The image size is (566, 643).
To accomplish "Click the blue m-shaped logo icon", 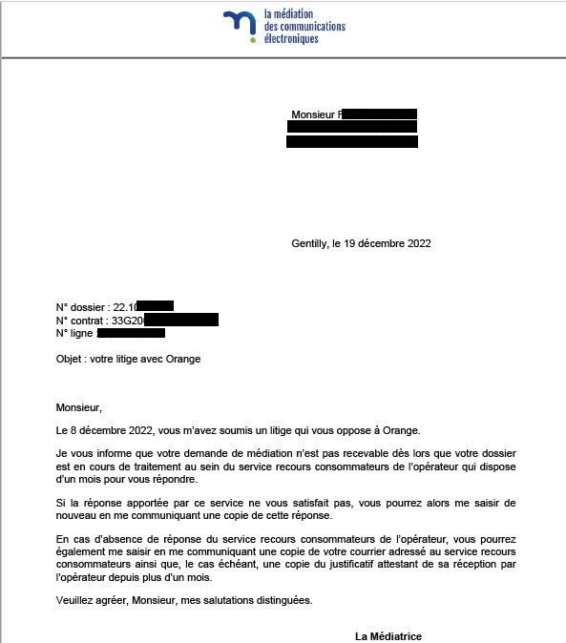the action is [x=240, y=26].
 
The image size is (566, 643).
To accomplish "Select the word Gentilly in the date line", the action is [x=310, y=243].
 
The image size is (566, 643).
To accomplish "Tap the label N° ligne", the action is [x=74, y=334].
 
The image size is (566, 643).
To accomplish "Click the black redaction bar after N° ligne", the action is [x=131, y=334].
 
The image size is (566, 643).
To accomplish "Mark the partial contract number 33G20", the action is [x=126, y=321].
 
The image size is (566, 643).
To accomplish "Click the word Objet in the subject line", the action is [x=70, y=360].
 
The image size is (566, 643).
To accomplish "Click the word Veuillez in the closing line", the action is [x=76, y=600].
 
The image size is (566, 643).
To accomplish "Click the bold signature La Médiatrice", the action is [x=388, y=636].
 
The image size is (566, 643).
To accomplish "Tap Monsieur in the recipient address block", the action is [x=314, y=114].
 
